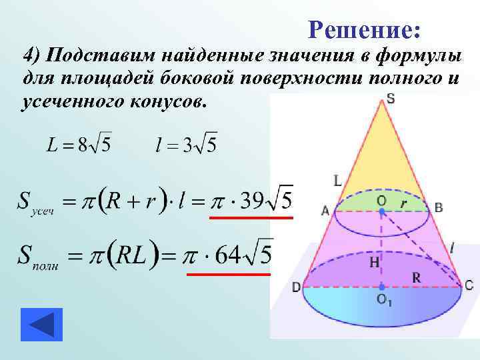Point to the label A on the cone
[325, 211]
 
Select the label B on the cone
[438, 207]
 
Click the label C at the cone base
[469, 285]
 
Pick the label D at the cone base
[295, 287]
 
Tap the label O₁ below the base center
[385, 301]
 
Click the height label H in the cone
[375, 263]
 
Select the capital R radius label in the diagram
[416, 277]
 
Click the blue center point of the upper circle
[381, 211]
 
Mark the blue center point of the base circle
[381, 287]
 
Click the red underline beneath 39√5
[251, 217]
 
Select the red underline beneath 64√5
[228, 273]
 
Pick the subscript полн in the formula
[45, 265]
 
